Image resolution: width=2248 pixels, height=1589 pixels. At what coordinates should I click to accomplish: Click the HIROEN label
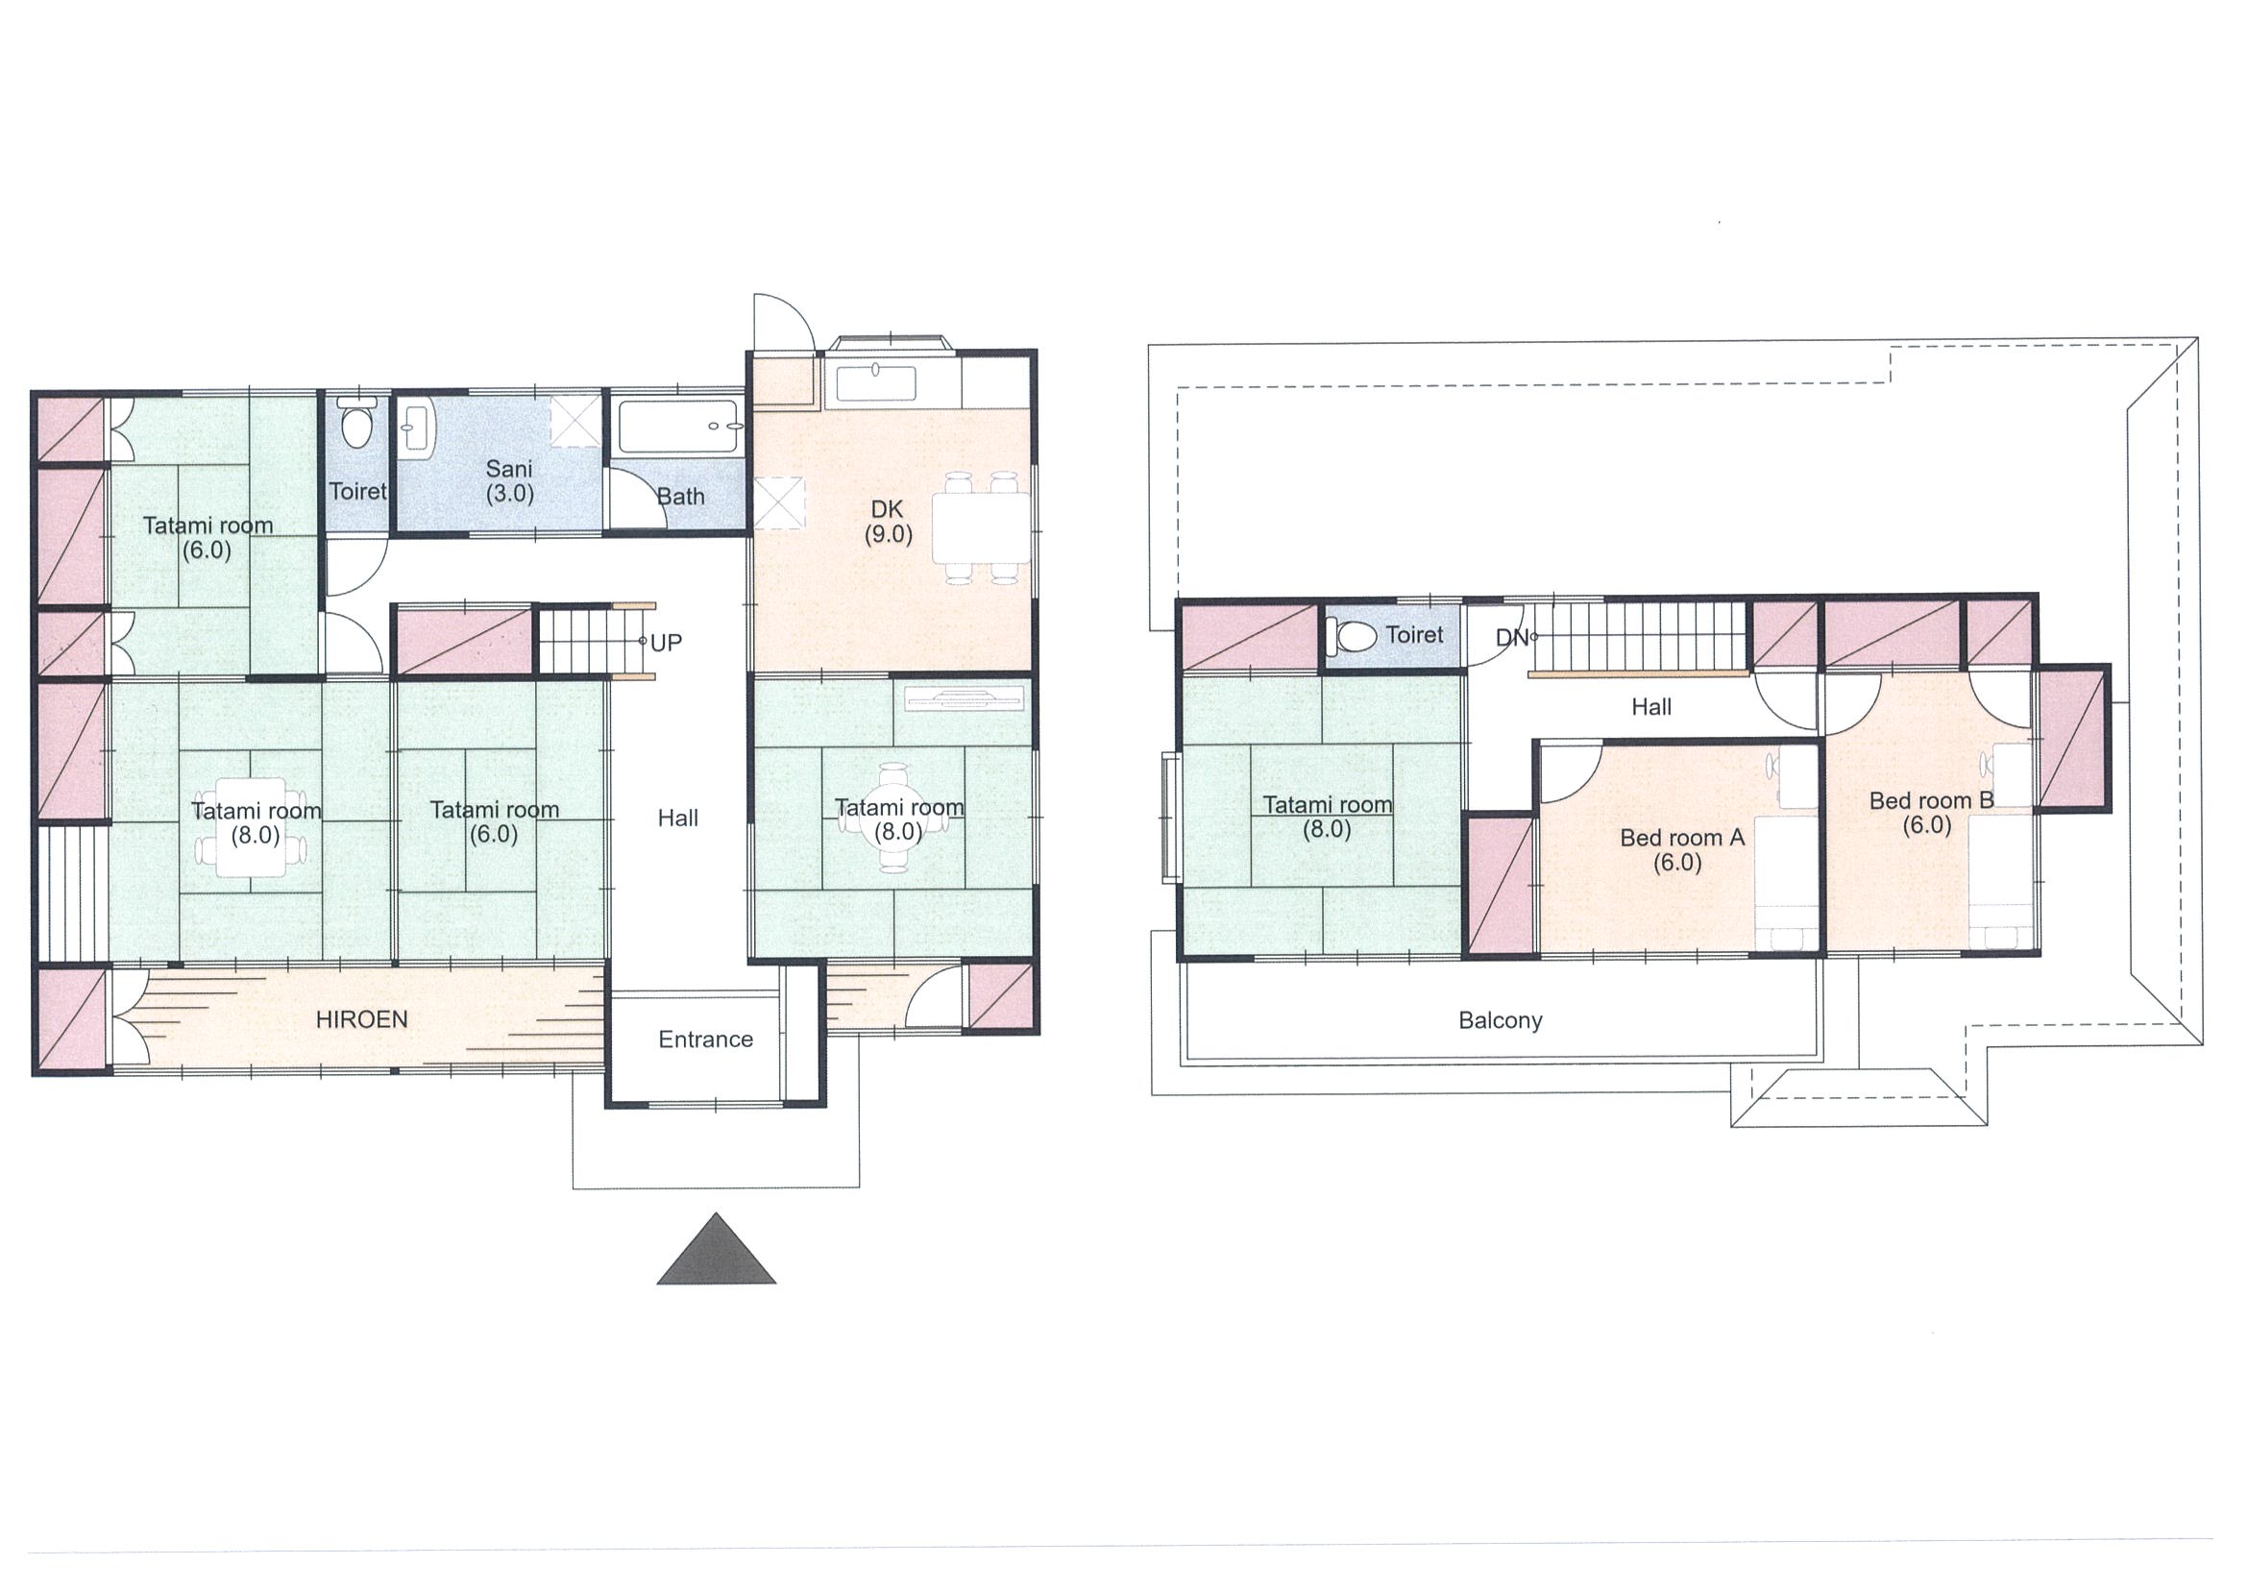pos(361,1019)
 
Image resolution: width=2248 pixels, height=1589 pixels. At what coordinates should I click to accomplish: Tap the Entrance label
pos(705,1039)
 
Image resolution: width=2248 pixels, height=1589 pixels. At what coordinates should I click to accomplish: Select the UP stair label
pos(666,643)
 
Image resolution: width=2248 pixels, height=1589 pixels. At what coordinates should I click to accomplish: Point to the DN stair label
pos(1512,637)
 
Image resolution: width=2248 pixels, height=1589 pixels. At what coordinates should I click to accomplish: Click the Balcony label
pos(1500,1020)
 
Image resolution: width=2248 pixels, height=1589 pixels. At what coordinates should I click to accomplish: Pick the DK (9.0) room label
pos(887,522)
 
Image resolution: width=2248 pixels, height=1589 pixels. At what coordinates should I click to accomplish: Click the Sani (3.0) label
pos(509,480)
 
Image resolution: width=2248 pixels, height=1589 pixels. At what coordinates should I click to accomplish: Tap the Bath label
pos(680,497)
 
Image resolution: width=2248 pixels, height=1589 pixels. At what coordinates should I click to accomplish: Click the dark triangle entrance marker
pos(716,1248)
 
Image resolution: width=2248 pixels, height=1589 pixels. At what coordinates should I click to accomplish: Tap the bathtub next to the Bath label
pos(679,427)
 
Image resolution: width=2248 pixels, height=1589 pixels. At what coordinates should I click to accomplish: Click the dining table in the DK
pos(980,527)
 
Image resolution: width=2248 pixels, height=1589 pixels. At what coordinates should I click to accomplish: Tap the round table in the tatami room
pos(896,818)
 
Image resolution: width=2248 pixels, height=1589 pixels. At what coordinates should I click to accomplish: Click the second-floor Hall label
pos(1650,707)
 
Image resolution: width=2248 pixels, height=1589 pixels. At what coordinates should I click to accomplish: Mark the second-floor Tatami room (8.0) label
pos(1327,818)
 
